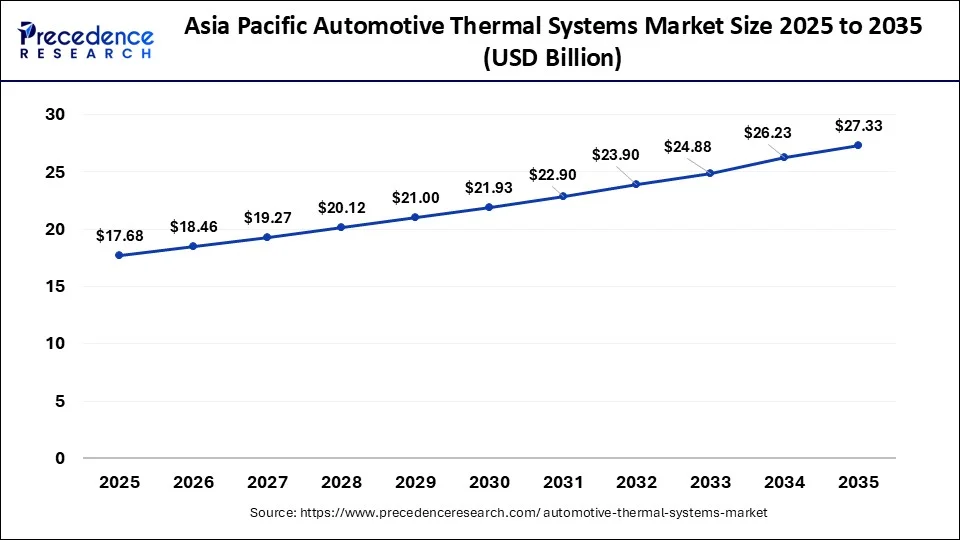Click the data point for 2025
click(119, 255)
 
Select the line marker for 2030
click(489, 207)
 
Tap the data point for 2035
click(858, 145)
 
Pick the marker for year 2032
click(637, 184)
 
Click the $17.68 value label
click(118, 236)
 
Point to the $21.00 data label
click(414, 198)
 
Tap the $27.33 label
click(858, 126)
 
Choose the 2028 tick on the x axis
click(341, 482)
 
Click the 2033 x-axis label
click(711, 482)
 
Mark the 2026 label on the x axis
click(193, 482)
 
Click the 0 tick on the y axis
click(60, 458)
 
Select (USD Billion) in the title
click(552, 59)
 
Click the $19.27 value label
click(266, 217)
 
